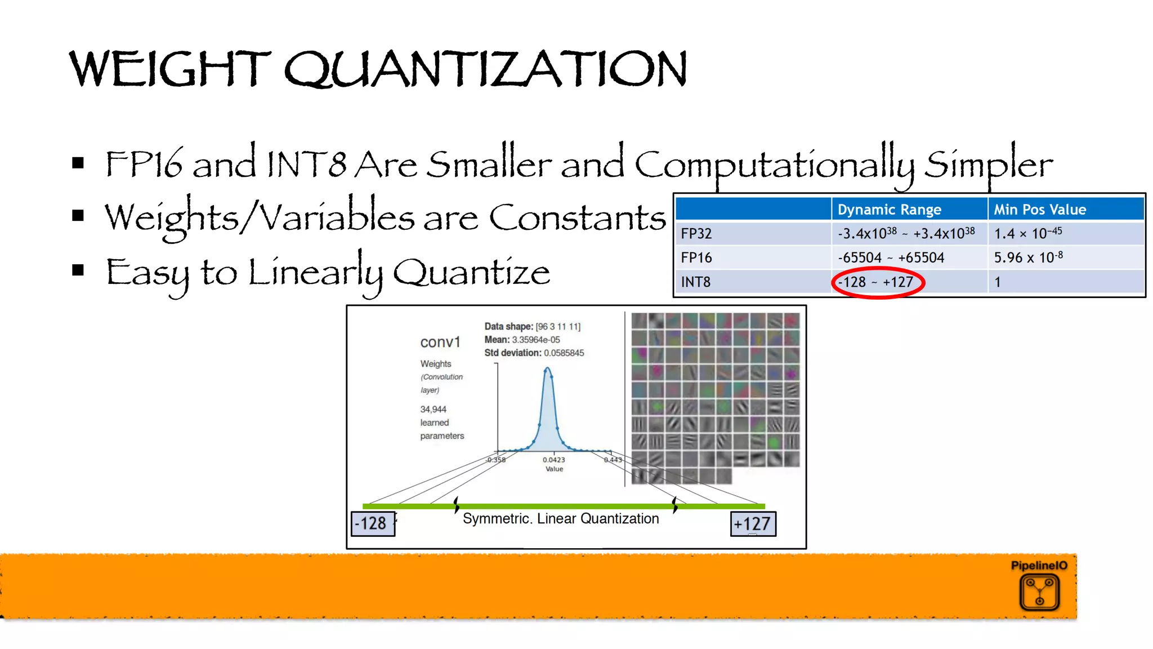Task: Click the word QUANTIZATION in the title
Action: click(x=485, y=69)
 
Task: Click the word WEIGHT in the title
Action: click(x=169, y=69)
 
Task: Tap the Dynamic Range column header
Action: click(x=889, y=210)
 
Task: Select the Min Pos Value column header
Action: click(x=1039, y=210)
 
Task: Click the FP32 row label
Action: click(x=696, y=234)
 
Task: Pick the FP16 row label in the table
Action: click(x=696, y=258)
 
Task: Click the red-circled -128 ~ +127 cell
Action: click(x=876, y=282)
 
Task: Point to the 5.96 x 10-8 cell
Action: click(x=1028, y=258)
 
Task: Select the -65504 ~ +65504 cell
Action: click(x=891, y=258)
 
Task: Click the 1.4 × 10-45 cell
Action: click(x=1028, y=234)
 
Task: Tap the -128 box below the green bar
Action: click(x=372, y=524)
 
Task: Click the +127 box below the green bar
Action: click(x=753, y=524)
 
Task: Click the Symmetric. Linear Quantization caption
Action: click(x=561, y=519)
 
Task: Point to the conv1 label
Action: click(x=440, y=343)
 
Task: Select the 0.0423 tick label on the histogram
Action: click(x=554, y=460)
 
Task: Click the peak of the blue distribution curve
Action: click(x=547, y=370)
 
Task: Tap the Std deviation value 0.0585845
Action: click(x=564, y=353)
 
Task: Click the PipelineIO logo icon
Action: click(x=1039, y=592)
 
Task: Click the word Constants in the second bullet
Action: click(x=577, y=218)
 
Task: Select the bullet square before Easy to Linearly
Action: click(x=78, y=270)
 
